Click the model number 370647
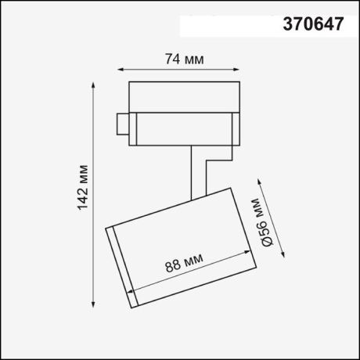[x=312, y=24]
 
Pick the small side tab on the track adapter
[x=123, y=125]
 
